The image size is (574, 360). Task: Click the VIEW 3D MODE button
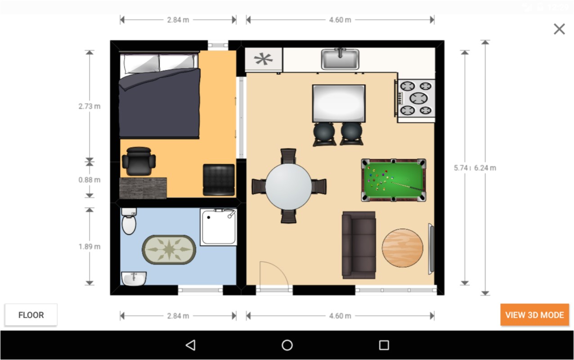(x=534, y=315)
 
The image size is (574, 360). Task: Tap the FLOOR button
(x=31, y=315)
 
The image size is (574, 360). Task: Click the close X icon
(x=559, y=29)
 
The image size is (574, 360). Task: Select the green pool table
(x=394, y=180)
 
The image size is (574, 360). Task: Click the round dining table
(x=288, y=186)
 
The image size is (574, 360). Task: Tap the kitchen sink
(x=340, y=59)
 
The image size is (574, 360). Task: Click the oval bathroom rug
(x=169, y=249)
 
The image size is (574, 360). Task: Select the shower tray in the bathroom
(x=218, y=227)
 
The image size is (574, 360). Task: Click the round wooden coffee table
(x=403, y=248)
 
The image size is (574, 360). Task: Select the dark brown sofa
(x=359, y=245)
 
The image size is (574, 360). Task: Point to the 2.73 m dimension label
(x=90, y=107)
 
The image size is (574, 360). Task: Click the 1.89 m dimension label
(x=90, y=247)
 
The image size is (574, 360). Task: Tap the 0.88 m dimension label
(x=90, y=180)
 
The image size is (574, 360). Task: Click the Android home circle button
(x=287, y=345)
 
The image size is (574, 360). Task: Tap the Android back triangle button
(x=190, y=345)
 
